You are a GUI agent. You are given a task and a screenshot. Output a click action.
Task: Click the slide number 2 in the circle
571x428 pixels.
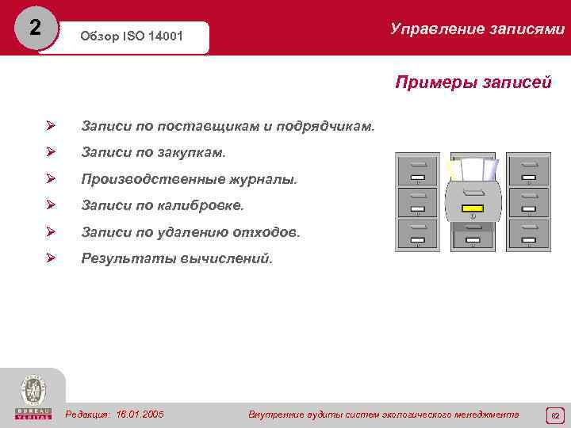33,28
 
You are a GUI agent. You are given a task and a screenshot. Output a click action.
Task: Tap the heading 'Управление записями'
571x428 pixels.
477,29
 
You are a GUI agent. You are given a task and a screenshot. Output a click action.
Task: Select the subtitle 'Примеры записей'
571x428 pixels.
473,82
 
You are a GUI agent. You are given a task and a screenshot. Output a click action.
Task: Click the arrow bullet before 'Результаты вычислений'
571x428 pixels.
50,258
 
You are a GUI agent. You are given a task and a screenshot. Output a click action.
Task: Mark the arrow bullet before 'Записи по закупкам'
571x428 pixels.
50,152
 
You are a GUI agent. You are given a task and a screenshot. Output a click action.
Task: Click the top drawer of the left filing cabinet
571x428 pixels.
417,170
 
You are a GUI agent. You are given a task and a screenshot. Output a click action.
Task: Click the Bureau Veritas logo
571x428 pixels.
33,397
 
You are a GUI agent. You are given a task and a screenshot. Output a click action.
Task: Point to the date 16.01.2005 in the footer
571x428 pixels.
140,414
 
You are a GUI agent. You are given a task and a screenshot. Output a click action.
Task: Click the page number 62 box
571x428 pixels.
555,415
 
